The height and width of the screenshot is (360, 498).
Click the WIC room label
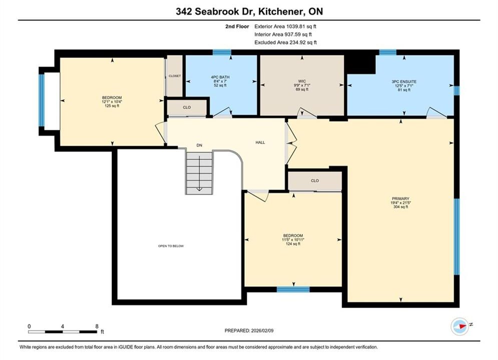pos(302,81)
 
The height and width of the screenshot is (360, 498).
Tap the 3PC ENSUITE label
pos(404,81)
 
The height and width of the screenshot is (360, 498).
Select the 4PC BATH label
pos(220,77)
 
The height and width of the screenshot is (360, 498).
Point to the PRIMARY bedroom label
pos(400,198)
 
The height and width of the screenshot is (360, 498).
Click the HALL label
pos(260,142)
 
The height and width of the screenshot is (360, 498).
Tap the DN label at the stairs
pos(199,145)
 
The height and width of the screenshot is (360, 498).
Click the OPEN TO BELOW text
pos(171,246)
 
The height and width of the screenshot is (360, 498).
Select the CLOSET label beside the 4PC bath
pos(175,76)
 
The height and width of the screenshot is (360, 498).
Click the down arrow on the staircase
pos(199,173)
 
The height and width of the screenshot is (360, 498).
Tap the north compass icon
pos(459,326)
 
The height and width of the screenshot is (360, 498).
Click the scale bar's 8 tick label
pos(97,326)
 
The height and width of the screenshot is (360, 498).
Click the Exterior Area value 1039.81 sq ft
pos(301,26)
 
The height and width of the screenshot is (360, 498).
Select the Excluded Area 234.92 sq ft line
pos(285,42)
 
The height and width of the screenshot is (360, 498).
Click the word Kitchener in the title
pos(279,11)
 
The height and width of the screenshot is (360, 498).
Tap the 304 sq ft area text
pos(400,207)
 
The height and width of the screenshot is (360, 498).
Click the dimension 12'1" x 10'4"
pos(112,102)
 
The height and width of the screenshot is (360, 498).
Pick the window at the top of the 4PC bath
pos(222,52)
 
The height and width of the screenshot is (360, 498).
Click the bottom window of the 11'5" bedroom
pos(293,289)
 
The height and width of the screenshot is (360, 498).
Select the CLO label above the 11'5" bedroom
pos(315,180)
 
